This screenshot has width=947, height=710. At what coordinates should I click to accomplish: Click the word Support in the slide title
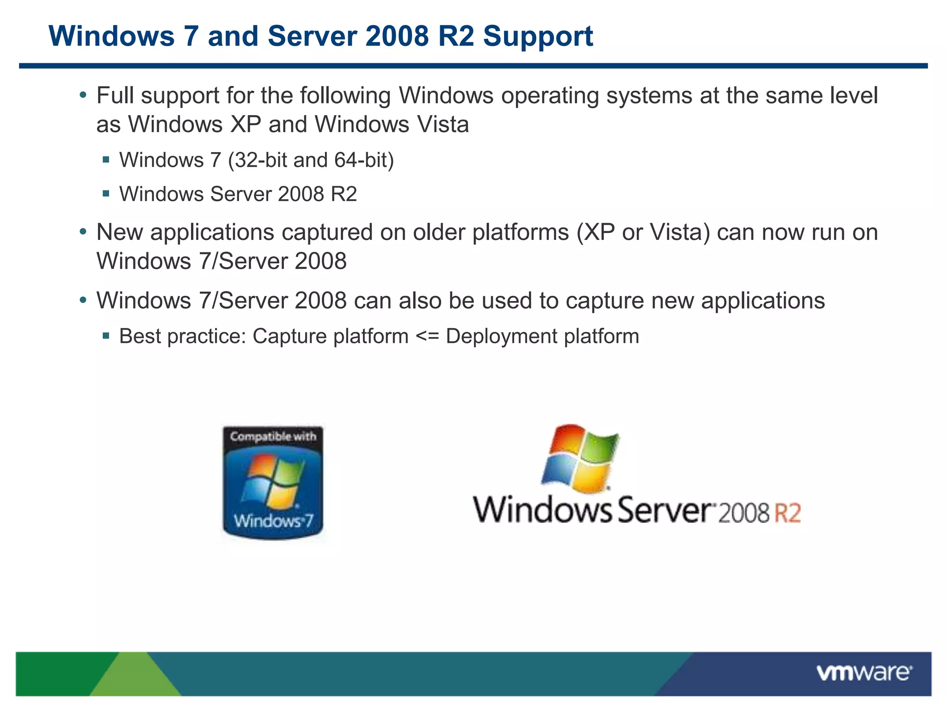538,37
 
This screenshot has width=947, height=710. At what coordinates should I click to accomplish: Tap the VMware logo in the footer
864,673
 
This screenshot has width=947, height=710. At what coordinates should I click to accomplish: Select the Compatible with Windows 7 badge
273,483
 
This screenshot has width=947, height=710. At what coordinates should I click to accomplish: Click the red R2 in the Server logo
787,513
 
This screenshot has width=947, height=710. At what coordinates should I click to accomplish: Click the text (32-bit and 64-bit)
311,160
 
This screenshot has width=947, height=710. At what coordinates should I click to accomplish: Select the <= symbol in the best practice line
427,337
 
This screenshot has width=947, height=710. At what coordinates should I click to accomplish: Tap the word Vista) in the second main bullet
680,233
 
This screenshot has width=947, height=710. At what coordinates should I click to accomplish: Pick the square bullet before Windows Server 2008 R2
106,194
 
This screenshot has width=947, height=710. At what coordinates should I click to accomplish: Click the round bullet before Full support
83,95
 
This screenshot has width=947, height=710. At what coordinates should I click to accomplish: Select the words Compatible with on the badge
273,436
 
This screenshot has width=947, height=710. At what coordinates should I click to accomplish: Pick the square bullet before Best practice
106,336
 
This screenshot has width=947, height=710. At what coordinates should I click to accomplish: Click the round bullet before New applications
83,232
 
